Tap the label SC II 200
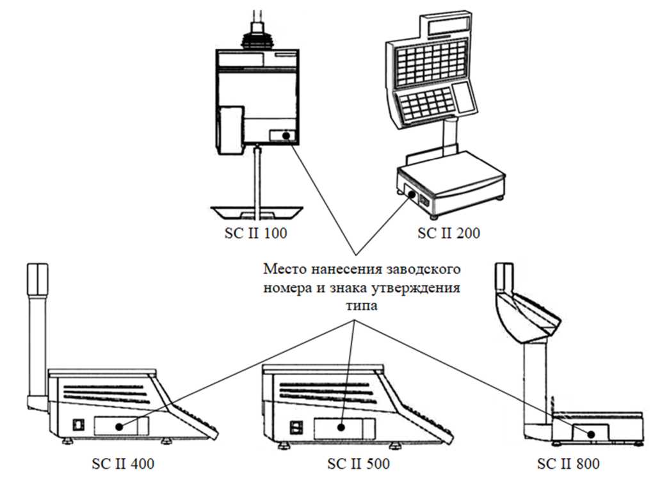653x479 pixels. [x=449, y=233]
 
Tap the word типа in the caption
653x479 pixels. [x=362, y=307]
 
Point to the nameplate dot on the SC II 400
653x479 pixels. [x=119, y=425]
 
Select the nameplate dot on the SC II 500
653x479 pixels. [x=343, y=425]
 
